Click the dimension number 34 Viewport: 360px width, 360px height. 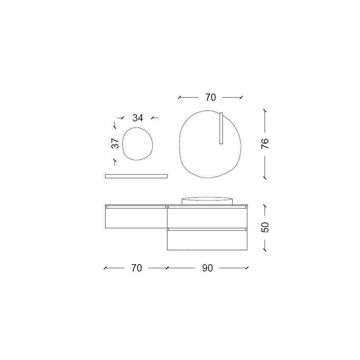(x=138, y=118)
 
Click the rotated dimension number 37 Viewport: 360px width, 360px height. (x=115, y=143)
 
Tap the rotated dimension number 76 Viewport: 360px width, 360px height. (x=265, y=144)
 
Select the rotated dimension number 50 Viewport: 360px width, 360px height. (x=265, y=227)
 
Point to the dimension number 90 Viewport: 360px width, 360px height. (x=208, y=268)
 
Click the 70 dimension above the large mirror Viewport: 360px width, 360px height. (x=211, y=98)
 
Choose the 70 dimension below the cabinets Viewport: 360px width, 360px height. (x=136, y=268)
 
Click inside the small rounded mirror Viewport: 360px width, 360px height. (x=137, y=144)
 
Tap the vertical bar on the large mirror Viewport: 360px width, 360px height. (x=221, y=129)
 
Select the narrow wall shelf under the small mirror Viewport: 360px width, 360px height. (x=136, y=176)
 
